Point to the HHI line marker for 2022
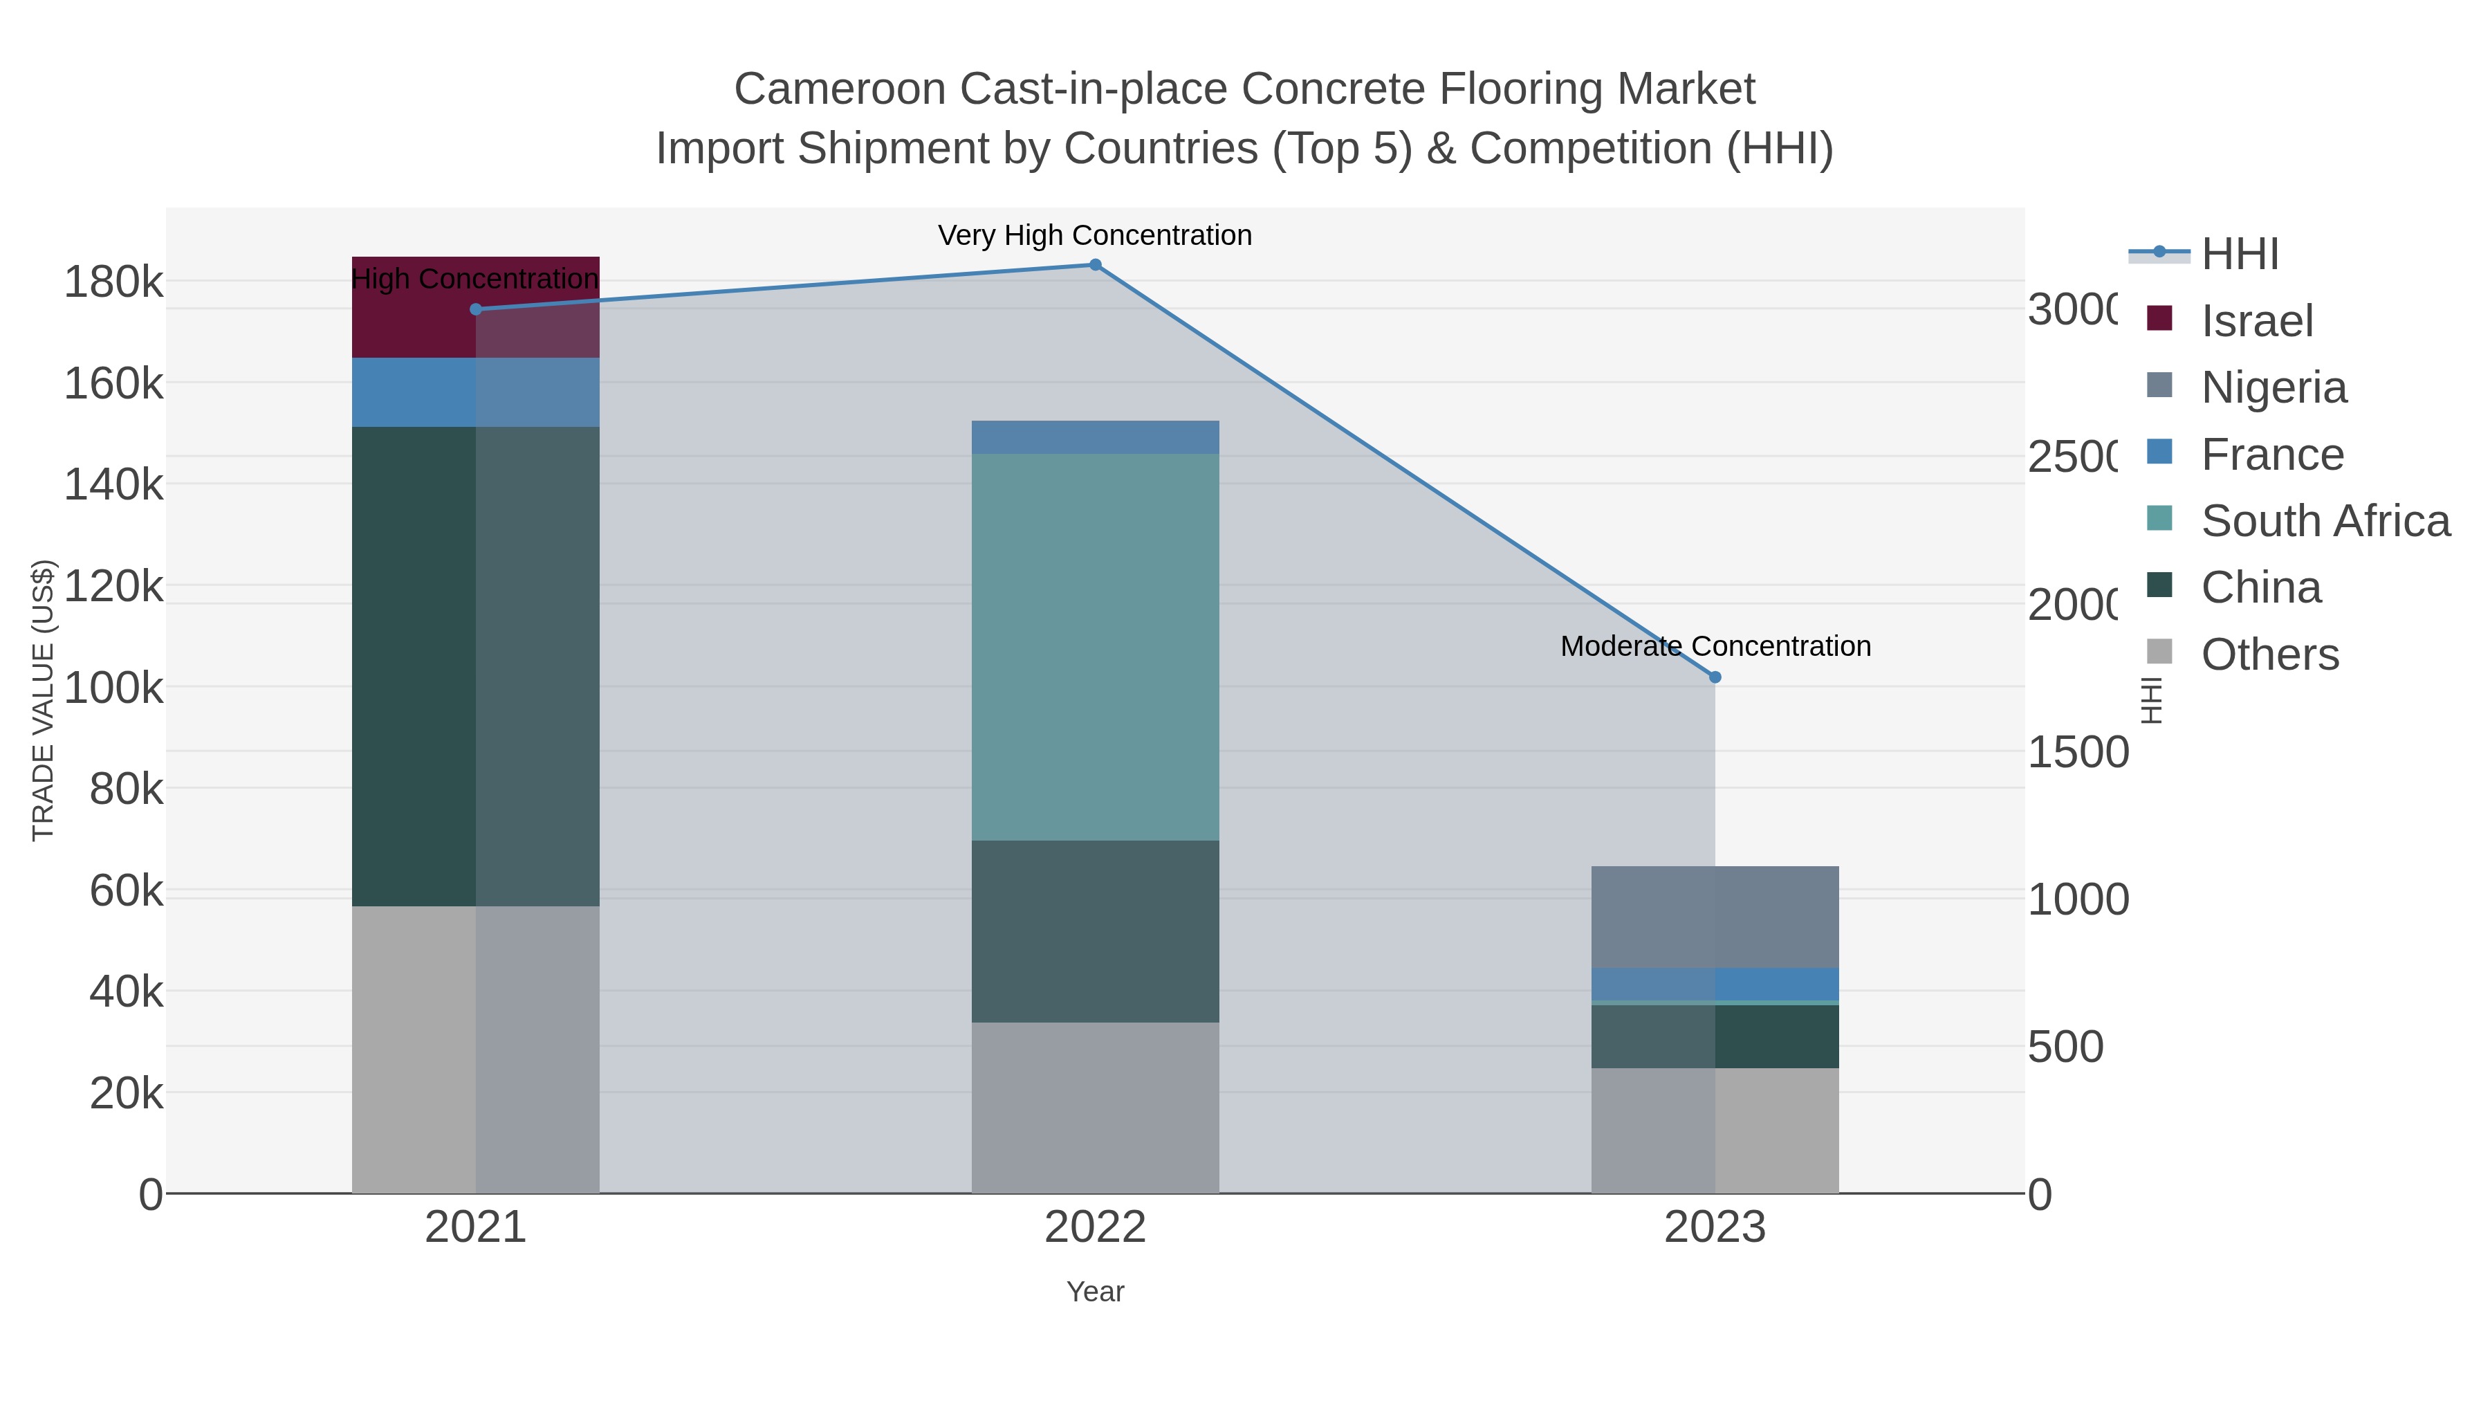(x=1095, y=264)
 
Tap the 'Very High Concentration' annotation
(x=1094, y=235)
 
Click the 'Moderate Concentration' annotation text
(x=1715, y=646)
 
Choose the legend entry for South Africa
(x=2325, y=521)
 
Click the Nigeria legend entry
(x=2273, y=387)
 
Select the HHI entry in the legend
(x=2239, y=255)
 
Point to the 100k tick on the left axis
(x=113, y=688)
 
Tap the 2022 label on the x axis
(x=1094, y=1227)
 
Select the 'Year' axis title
(x=1094, y=1291)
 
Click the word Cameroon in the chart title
(x=839, y=89)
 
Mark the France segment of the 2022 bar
(x=1094, y=437)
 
